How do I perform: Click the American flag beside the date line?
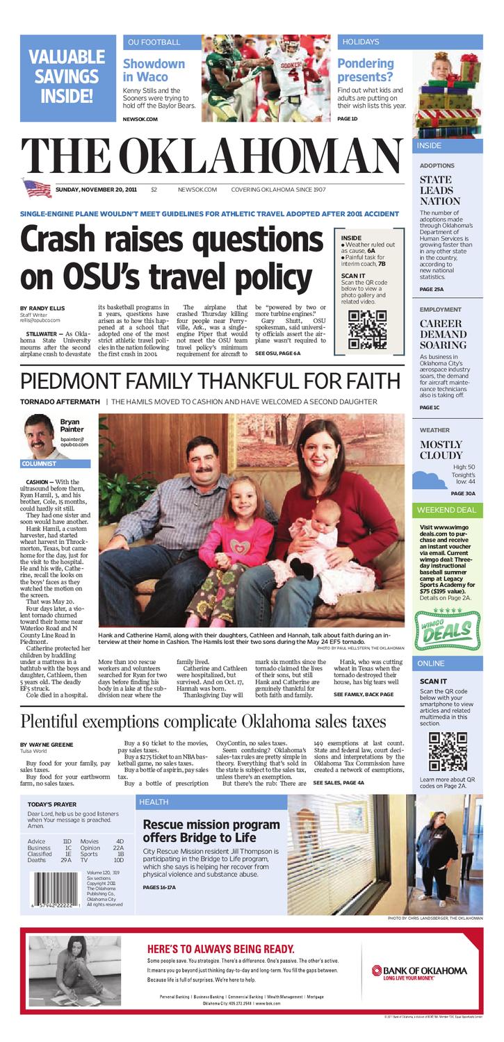point(37,188)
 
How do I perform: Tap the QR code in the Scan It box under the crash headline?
point(366,329)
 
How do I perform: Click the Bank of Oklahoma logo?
point(418,972)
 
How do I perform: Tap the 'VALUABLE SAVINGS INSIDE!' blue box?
point(67,76)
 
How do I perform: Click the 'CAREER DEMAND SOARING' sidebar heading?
point(443,334)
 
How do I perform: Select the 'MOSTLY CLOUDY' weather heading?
point(441,449)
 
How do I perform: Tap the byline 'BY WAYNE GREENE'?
point(47,745)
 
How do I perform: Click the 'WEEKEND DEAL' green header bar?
point(448,510)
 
